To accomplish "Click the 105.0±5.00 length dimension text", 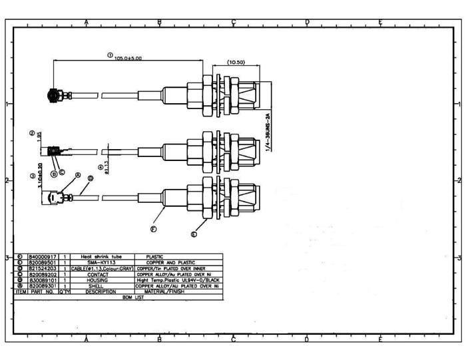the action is (x=128, y=59).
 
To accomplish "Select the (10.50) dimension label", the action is (x=236, y=63).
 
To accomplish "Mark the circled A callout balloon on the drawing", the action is (x=78, y=175).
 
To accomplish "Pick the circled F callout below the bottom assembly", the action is (x=153, y=228).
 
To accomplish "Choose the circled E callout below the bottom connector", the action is (x=194, y=234).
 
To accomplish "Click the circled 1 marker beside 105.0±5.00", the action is (x=110, y=55).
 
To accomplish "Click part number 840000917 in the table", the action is (x=43, y=256).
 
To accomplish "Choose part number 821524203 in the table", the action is (x=43, y=268).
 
